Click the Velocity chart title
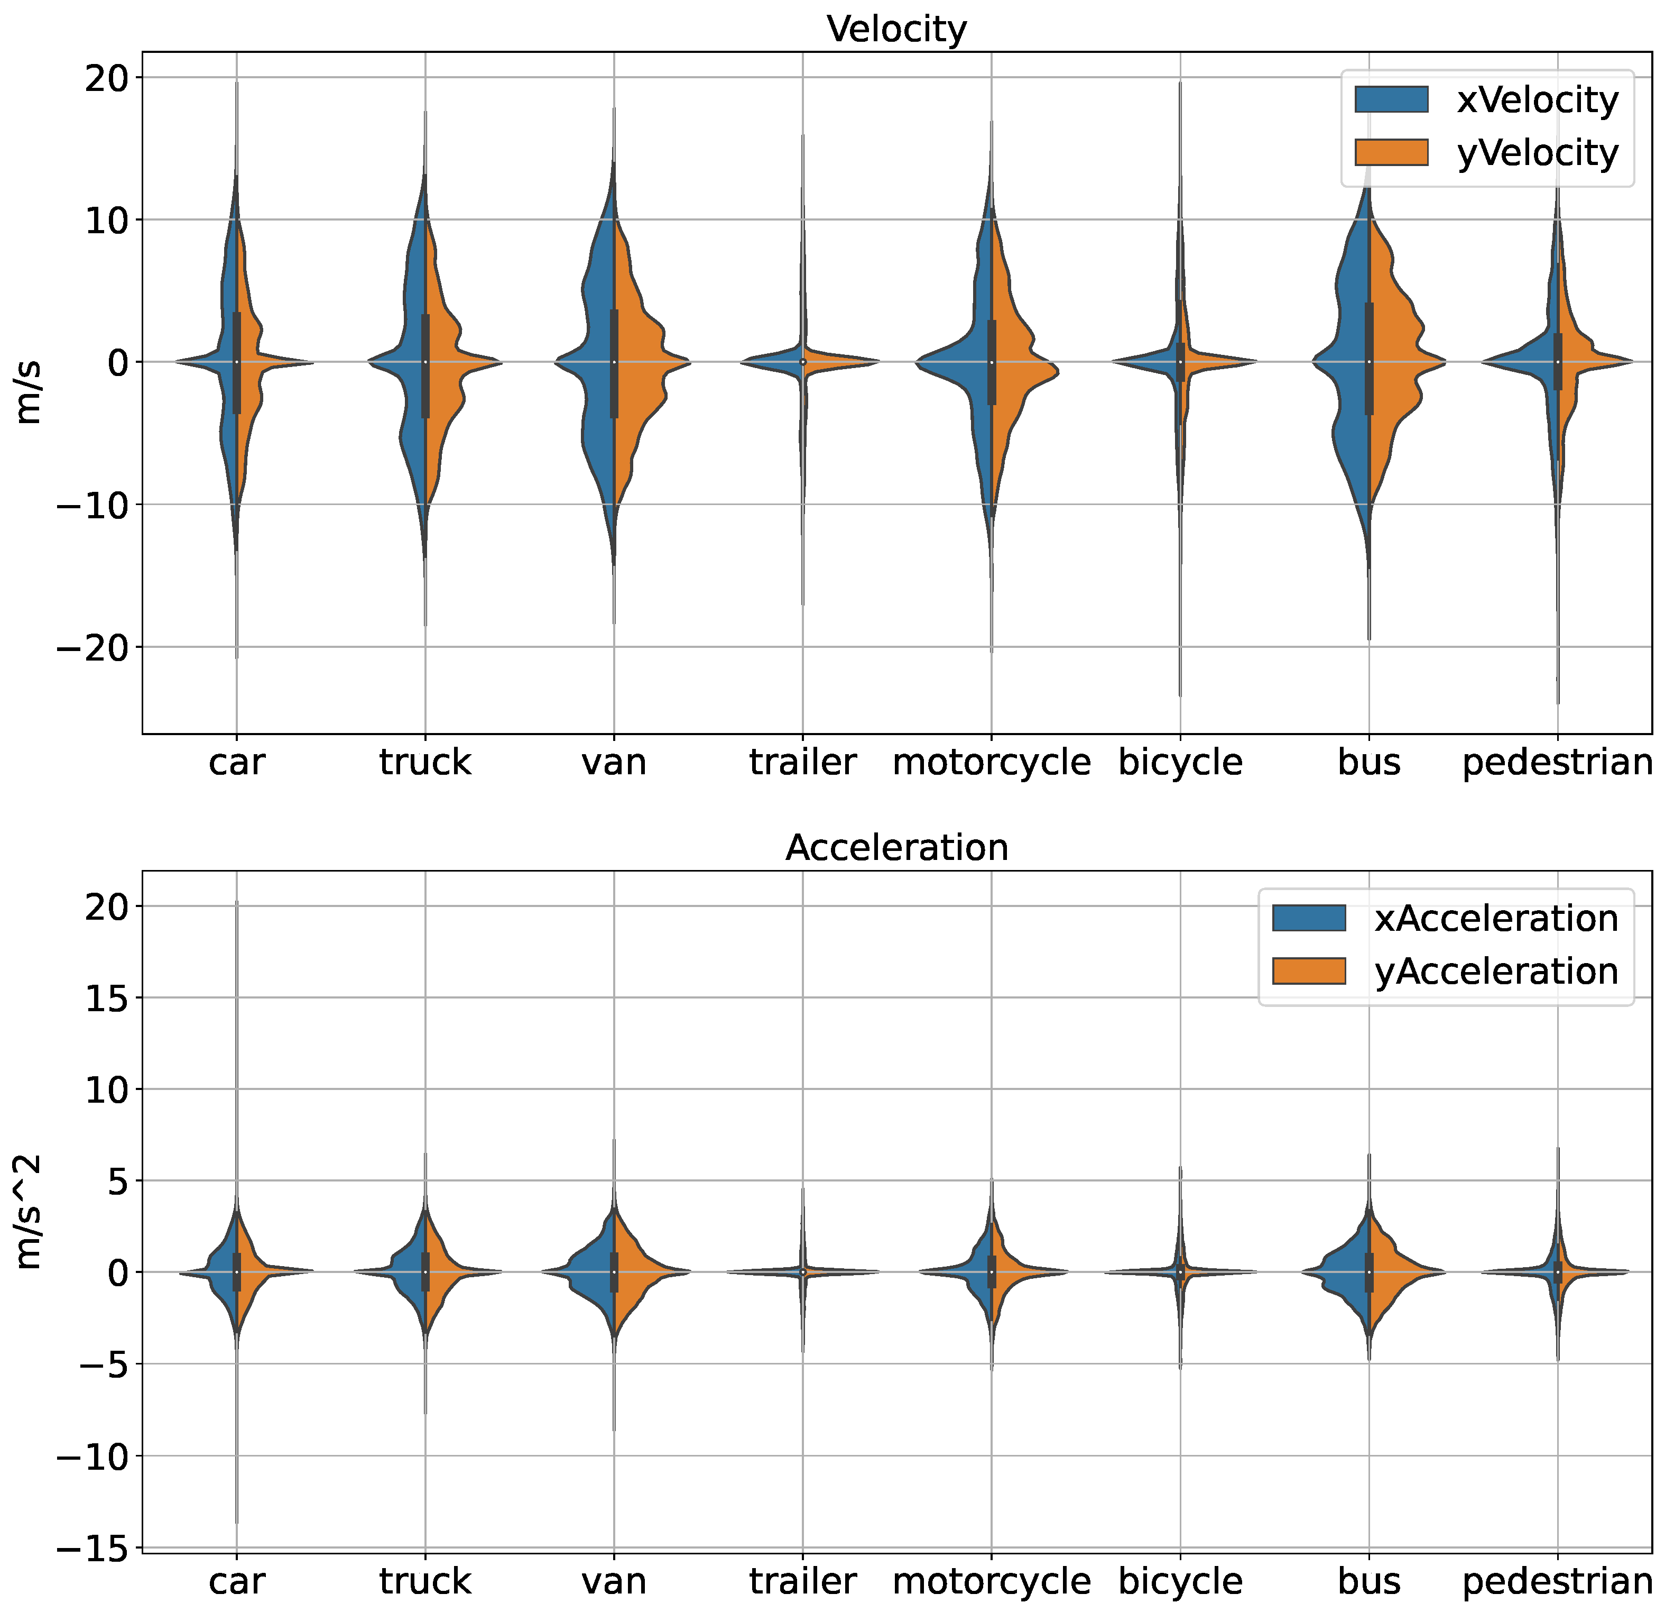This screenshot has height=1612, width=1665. (x=896, y=30)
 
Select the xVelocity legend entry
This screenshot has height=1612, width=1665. (x=1486, y=100)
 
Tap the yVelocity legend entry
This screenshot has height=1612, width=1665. (x=1486, y=153)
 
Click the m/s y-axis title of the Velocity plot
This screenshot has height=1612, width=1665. (x=29, y=392)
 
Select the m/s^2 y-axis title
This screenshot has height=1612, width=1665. (x=29, y=1211)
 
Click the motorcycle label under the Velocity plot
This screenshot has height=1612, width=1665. (x=992, y=762)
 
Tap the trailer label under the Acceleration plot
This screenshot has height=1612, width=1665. (x=803, y=1581)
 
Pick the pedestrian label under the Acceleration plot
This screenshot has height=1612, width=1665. (x=1557, y=1581)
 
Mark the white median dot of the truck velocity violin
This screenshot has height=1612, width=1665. (x=425, y=362)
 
